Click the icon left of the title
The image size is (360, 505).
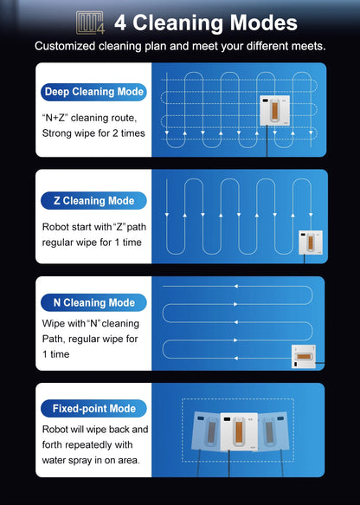(x=90, y=23)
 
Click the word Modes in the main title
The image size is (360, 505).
(x=260, y=23)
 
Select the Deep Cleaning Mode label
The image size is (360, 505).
(x=93, y=91)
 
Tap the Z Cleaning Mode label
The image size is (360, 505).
(x=93, y=201)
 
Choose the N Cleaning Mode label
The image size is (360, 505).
(x=93, y=302)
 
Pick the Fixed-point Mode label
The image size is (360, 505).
(x=93, y=408)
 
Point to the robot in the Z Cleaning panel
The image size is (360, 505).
(x=311, y=242)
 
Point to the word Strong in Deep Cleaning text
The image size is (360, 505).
(x=59, y=133)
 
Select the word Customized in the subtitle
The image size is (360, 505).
(x=68, y=45)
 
